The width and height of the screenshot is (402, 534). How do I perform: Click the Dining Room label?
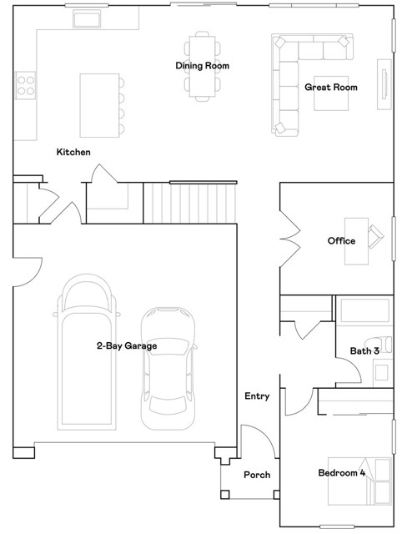[202, 66]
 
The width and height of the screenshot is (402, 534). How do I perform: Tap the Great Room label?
[330, 86]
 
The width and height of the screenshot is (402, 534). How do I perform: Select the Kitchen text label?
[73, 152]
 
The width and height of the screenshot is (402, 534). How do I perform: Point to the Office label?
[341, 241]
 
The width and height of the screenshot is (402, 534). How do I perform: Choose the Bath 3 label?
[364, 351]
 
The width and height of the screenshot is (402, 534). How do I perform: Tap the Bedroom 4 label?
[342, 473]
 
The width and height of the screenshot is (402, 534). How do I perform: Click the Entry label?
[257, 396]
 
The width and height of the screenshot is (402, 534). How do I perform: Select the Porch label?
[256, 475]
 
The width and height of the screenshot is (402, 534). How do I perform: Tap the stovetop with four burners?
[25, 83]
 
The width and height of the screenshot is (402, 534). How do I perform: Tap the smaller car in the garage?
[168, 367]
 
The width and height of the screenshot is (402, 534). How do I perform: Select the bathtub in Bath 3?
[364, 311]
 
